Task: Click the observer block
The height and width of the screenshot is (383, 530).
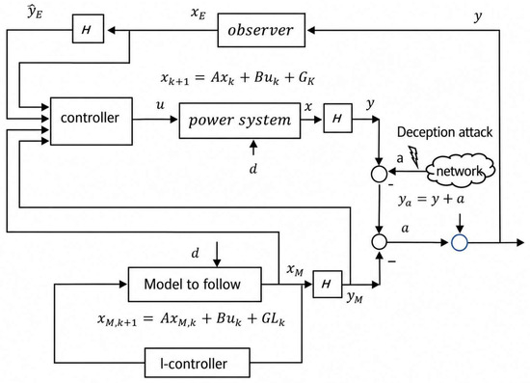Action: point(261,30)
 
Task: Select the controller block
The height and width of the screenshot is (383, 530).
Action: point(92,122)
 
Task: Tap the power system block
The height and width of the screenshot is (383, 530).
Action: point(240,121)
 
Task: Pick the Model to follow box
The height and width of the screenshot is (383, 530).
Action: point(195,285)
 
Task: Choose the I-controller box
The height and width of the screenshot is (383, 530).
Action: point(198,363)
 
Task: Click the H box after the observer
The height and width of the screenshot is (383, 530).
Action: point(88,29)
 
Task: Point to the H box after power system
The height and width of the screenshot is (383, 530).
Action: point(338,118)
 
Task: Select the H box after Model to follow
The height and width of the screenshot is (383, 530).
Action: point(328,284)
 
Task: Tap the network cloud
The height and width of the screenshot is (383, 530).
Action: point(460,171)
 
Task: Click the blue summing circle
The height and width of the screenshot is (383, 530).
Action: point(460,242)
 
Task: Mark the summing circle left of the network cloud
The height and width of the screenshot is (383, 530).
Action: point(380,174)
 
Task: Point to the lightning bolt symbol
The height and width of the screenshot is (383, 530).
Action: point(414,156)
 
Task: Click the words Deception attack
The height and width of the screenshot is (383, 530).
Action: point(444,132)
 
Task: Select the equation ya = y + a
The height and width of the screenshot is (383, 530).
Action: point(431,200)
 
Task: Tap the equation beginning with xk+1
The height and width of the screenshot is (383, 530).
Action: point(238,78)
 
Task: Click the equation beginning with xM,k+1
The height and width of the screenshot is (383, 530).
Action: point(191,319)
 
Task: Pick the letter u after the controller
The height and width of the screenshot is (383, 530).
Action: point(160,105)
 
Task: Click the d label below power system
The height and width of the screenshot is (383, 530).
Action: point(253,168)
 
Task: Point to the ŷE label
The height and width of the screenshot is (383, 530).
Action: point(35,12)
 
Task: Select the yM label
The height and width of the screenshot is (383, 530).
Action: point(355,297)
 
